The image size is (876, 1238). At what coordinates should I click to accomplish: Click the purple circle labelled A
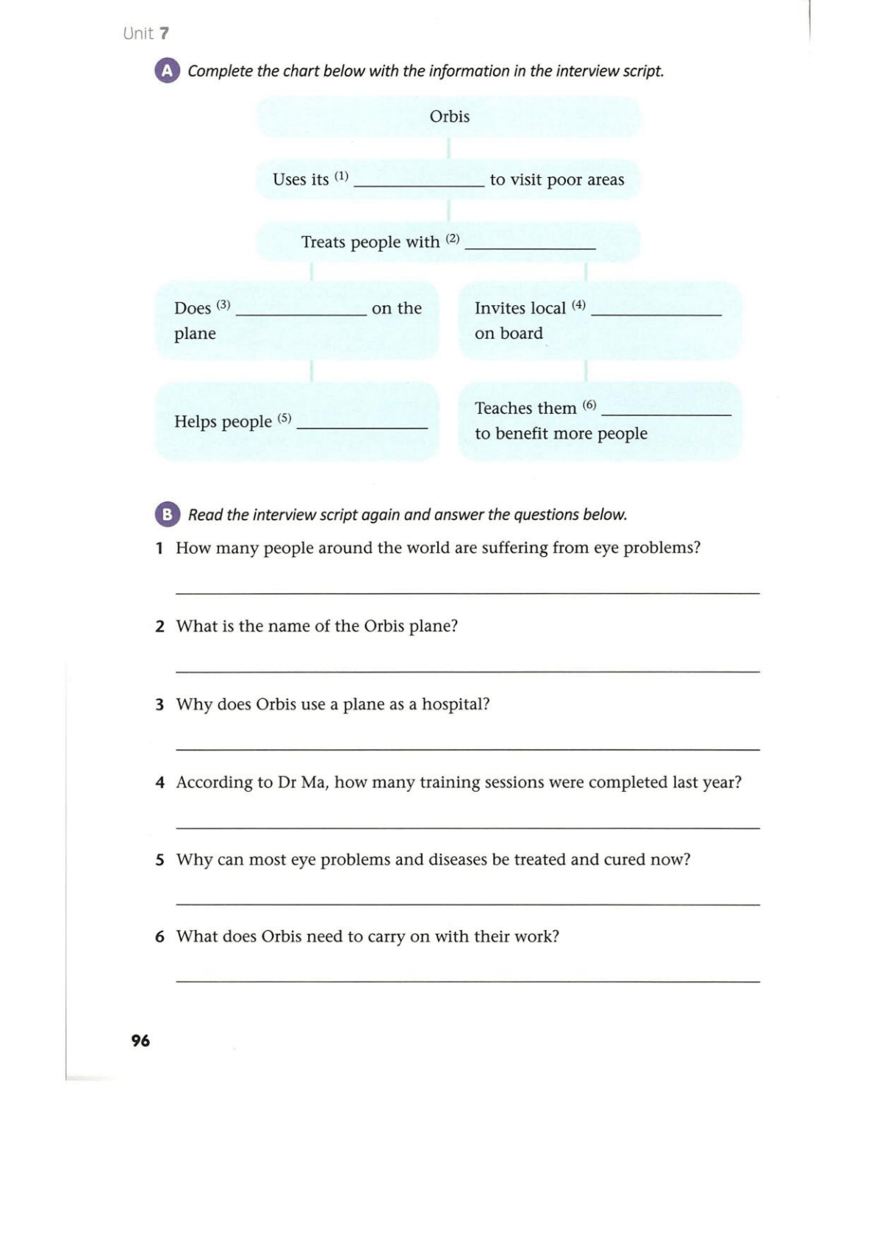167,71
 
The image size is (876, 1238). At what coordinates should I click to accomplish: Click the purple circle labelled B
167,515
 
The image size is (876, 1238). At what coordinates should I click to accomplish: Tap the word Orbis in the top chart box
449,116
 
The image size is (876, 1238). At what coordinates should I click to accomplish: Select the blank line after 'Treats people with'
530,248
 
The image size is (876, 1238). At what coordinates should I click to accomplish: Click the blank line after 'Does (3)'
301,314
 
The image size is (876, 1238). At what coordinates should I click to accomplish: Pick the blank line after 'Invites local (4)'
656,314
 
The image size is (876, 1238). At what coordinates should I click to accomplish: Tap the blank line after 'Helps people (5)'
362,426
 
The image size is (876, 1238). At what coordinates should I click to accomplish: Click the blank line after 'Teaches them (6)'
666,414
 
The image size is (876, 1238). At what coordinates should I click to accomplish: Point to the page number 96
140,1040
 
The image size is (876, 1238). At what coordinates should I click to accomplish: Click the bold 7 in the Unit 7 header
164,33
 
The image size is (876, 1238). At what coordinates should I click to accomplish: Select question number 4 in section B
159,782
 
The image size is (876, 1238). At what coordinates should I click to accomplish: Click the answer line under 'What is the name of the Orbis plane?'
467,670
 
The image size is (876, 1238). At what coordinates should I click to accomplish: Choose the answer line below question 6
467,981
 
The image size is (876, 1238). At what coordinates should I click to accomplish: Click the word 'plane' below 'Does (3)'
195,334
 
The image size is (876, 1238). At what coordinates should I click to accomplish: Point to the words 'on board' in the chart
509,333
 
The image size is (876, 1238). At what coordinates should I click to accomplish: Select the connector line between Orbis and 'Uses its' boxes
448,148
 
